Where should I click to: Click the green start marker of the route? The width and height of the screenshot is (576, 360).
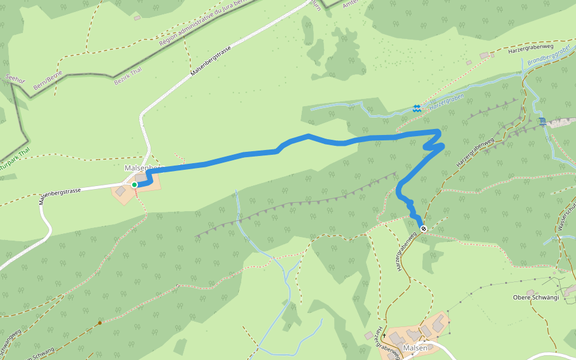click(134, 185)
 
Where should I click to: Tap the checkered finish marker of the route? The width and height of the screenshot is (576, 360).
click(424, 229)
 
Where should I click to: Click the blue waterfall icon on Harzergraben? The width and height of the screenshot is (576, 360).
click(416, 109)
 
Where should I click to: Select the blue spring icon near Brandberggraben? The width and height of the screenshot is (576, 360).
click(542, 122)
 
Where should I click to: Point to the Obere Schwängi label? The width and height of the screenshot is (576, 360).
click(536, 298)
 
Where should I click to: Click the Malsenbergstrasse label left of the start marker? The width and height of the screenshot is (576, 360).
click(60, 195)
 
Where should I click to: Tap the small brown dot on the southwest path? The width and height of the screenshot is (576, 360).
click(100, 323)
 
